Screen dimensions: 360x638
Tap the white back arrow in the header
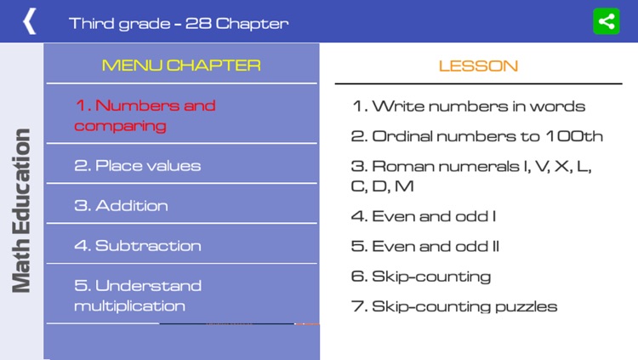(x=30, y=21)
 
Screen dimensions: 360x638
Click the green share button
(x=606, y=21)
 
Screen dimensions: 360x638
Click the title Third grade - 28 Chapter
(x=179, y=23)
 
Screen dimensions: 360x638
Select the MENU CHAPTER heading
(x=181, y=65)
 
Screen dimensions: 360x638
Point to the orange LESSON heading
(x=478, y=66)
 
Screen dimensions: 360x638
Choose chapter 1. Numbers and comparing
(x=145, y=116)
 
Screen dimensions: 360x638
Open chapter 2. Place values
(x=138, y=165)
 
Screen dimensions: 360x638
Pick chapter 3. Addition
(x=121, y=205)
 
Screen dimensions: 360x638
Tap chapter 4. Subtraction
(x=138, y=245)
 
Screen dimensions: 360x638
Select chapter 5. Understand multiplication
(x=138, y=295)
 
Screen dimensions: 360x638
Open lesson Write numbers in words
(x=469, y=106)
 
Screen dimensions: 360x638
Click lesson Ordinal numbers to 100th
(x=476, y=136)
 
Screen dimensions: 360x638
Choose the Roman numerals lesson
(x=471, y=175)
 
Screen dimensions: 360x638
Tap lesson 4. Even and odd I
(x=423, y=216)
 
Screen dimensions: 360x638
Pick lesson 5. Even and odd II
(x=425, y=246)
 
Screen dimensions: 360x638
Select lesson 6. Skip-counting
(x=421, y=276)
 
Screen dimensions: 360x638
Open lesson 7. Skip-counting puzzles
(x=454, y=306)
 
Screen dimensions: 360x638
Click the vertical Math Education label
(x=23, y=210)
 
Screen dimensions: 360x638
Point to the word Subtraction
(x=148, y=245)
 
